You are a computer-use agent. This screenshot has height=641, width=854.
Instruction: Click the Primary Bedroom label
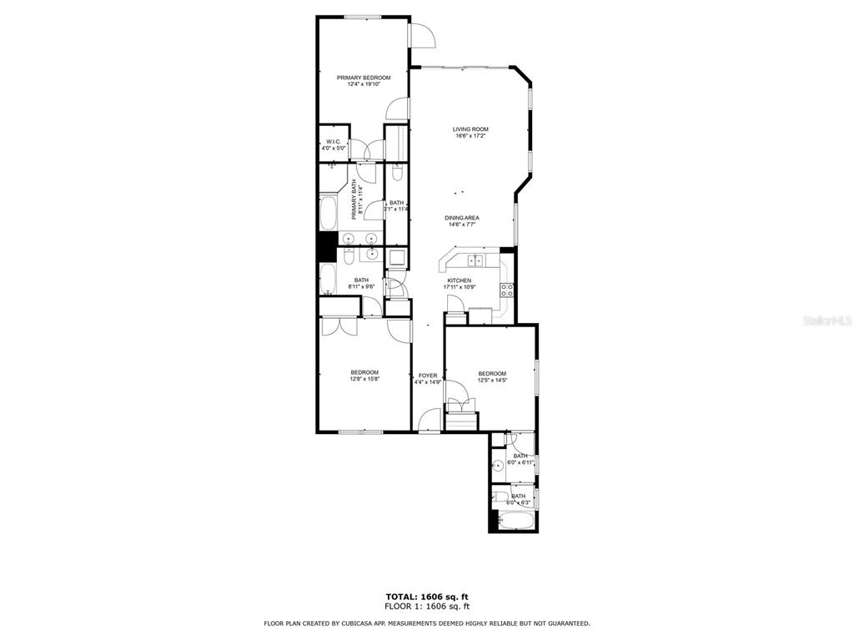point(364,78)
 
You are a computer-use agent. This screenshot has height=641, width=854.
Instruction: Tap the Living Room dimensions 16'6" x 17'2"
point(470,136)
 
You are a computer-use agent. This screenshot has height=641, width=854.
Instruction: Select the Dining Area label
point(461,218)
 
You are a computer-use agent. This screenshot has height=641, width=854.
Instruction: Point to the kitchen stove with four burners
point(505,290)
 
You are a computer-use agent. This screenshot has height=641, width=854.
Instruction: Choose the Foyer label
point(428,376)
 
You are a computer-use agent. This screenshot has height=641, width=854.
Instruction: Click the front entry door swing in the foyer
point(430,420)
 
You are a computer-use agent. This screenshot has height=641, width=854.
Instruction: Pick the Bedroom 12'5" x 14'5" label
point(492,373)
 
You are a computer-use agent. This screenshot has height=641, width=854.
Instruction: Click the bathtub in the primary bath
point(327,212)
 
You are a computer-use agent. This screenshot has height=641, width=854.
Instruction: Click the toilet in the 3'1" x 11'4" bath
point(397,174)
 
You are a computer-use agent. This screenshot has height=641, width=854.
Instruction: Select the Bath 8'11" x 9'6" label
point(361,280)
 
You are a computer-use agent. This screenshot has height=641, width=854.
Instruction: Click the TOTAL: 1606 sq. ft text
point(426,596)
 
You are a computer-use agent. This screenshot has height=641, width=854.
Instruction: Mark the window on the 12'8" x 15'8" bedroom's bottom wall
point(361,432)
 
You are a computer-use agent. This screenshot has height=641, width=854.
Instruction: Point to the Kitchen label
point(459,280)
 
